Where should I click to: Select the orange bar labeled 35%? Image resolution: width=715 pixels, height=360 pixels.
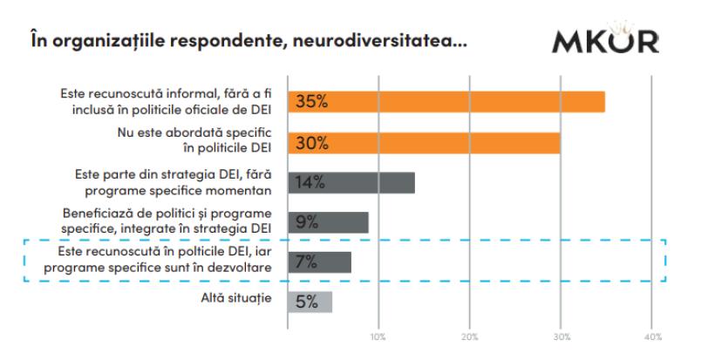[x=446, y=102]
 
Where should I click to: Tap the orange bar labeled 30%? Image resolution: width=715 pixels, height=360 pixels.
[x=424, y=142]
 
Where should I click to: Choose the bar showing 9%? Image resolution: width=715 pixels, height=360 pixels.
[x=328, y=221]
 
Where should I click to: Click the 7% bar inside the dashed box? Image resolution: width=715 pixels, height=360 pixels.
[x=319, y=262]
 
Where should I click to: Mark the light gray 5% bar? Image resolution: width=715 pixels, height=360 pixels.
[x=310, y=301]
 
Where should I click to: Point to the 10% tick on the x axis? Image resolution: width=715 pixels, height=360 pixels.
[x=378, y=336]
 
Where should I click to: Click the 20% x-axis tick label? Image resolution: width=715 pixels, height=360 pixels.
[x=470, y=336]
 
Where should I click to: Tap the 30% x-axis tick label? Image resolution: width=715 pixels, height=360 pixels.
[x=562, y=336]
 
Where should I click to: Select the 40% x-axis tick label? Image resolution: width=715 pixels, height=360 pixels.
[x=652, y=336]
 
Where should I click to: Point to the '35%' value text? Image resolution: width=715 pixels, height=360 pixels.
[x=311, y=102]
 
